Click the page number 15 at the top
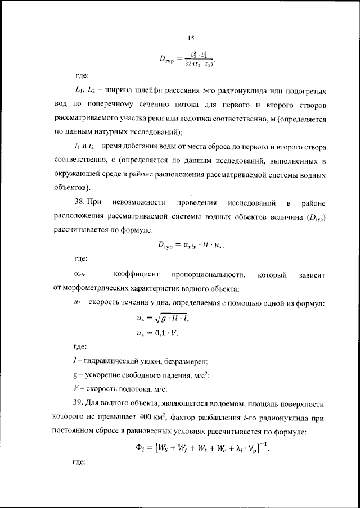tap(191, 38)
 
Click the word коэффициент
tap(134, 274)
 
